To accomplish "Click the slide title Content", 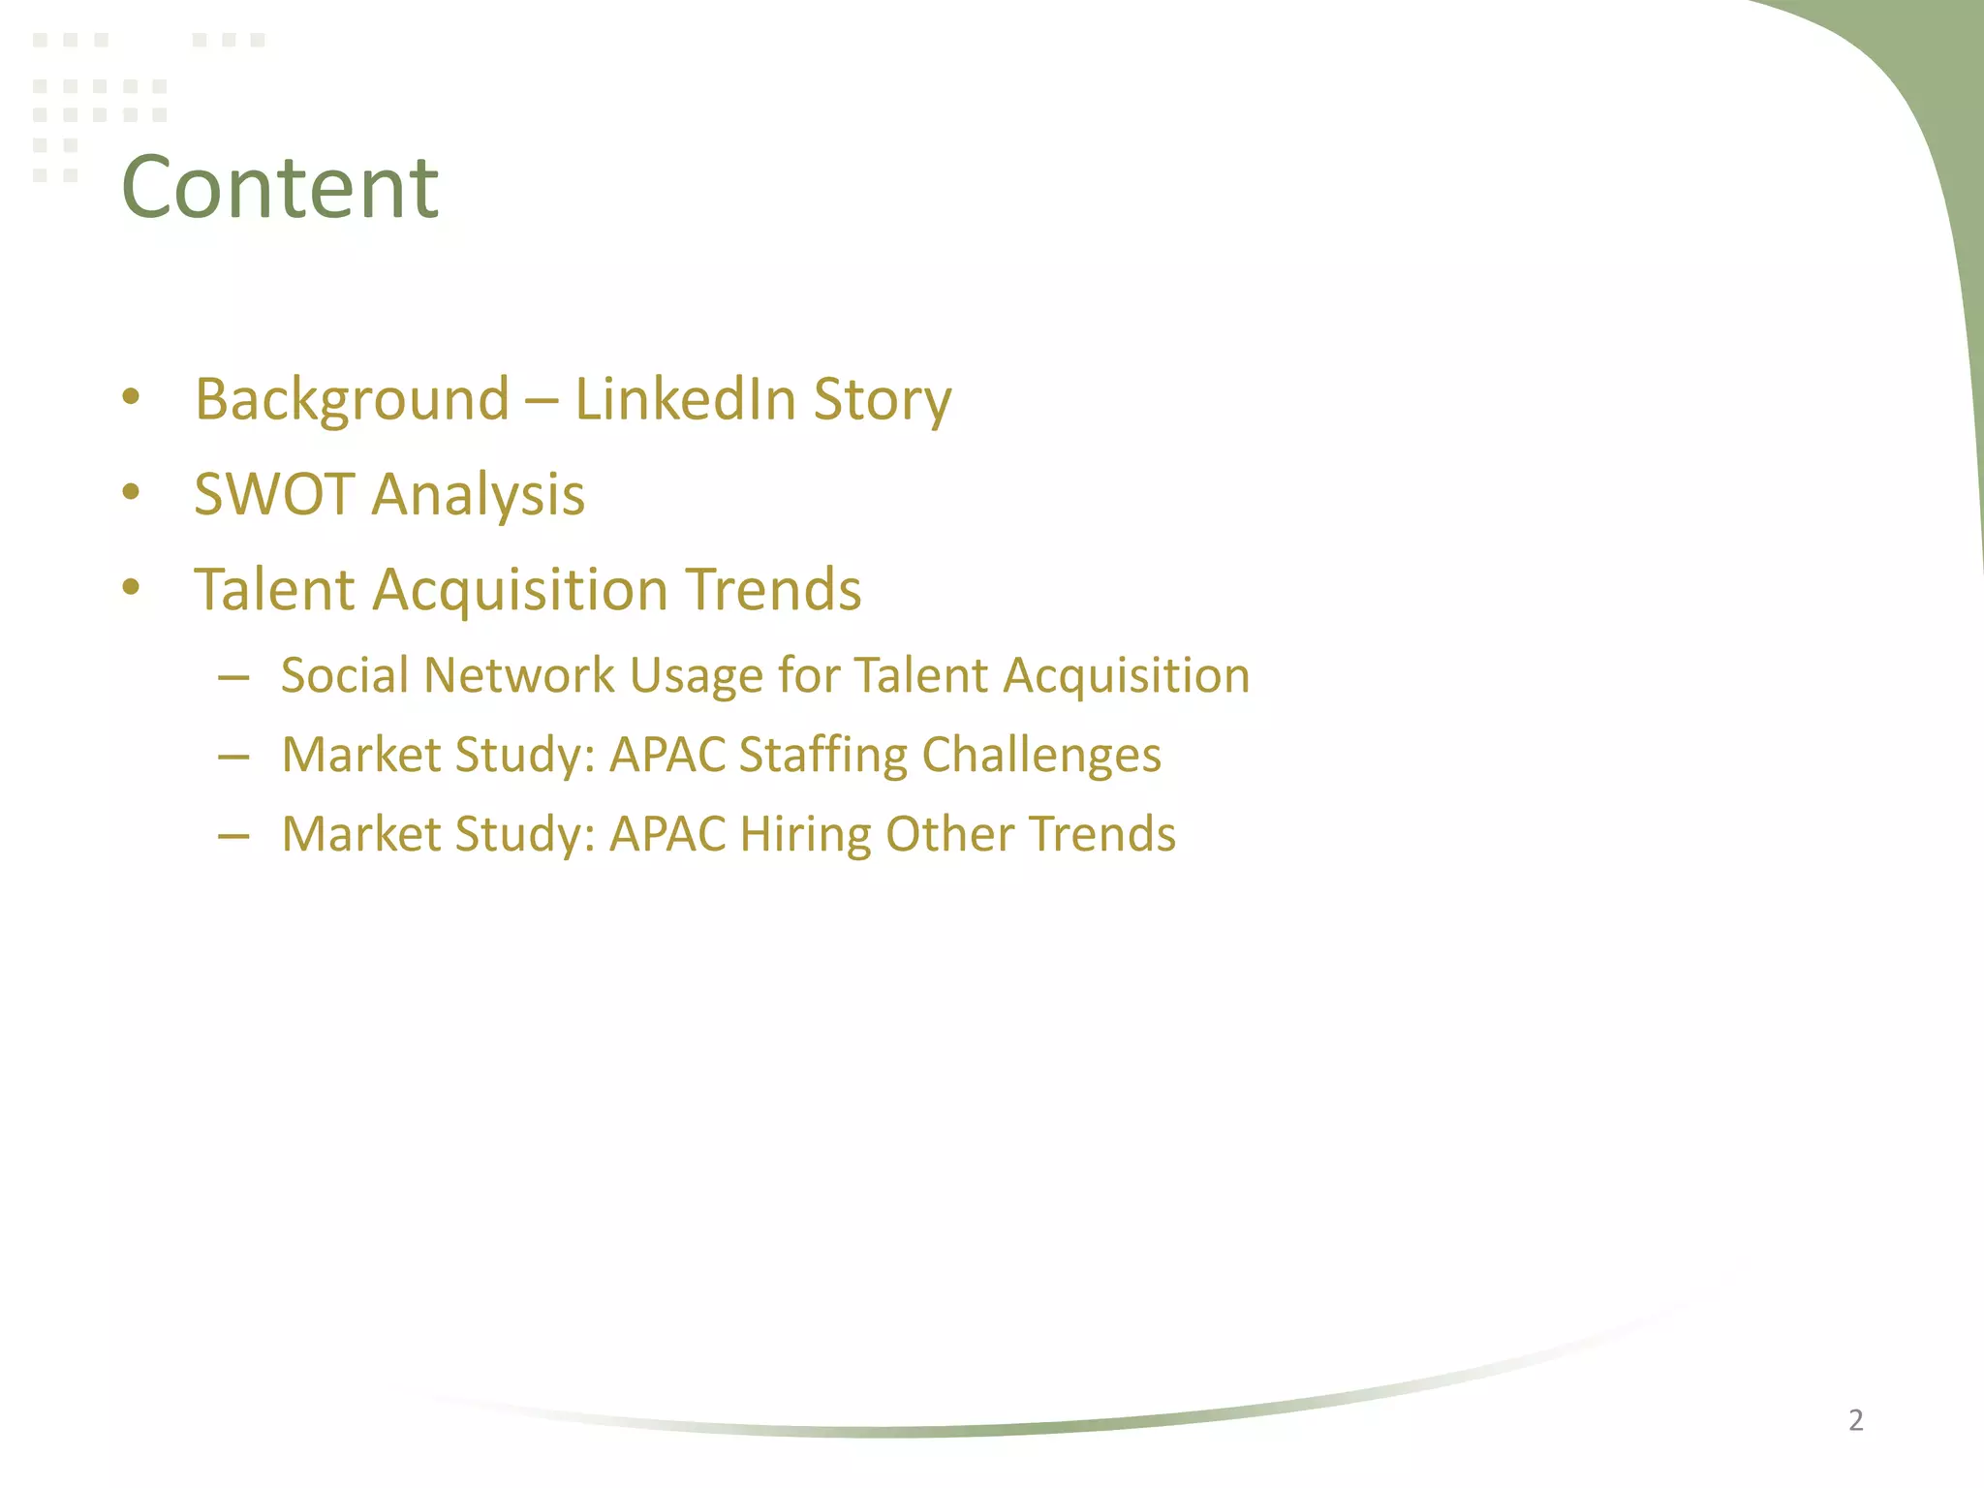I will click(280, 187).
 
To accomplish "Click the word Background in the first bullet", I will click(352, 399).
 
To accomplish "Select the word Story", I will click(883, 399).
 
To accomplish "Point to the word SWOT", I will click(274, 494).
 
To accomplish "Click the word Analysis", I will click(479, 494).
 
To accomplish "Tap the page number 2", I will click(1855, 1420).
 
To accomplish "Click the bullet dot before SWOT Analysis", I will click(132, 492).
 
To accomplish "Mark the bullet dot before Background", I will click(132, 397).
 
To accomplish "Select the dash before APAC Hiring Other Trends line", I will click(233, 835).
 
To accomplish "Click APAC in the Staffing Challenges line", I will click(667, 755).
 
